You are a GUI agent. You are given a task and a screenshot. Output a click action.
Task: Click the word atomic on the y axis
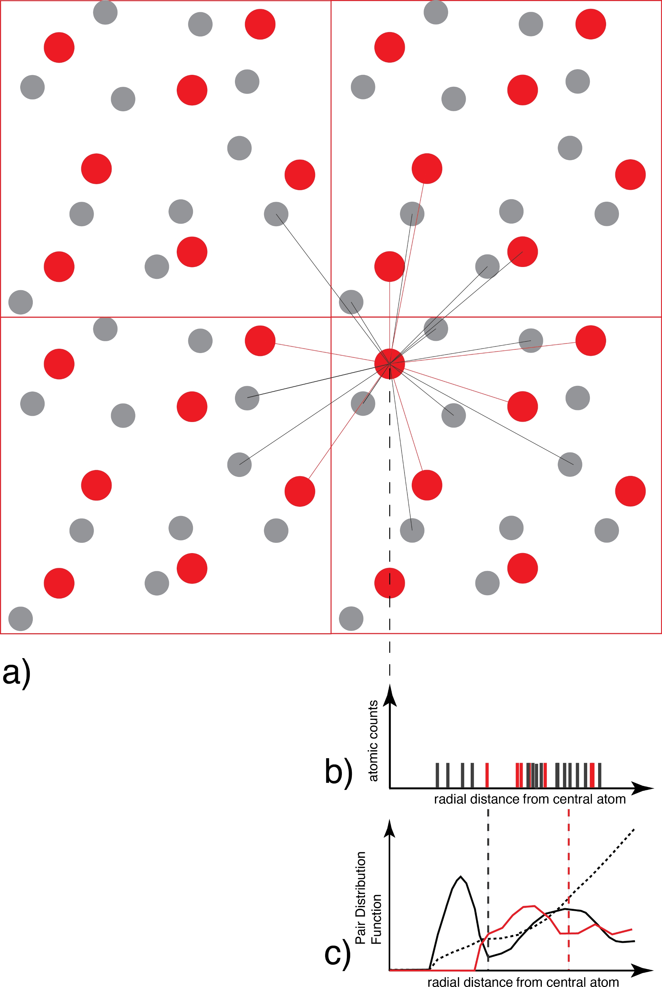pyautogui.click(x=373, y=764)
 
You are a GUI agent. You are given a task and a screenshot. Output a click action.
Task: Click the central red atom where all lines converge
pyautogui.click(x=389, y=363)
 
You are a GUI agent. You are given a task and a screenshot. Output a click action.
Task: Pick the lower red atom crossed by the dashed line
pyautogui.click(x=389, y=583)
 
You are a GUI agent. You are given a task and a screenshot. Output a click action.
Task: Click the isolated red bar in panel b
pyautogui.click(x=487, y=775)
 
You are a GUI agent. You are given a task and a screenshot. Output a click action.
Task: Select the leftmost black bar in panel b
pyautogui.click(x=437, y=775)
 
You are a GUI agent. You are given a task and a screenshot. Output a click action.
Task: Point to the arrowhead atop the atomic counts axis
pyautogui.click(x=389, y=697)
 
